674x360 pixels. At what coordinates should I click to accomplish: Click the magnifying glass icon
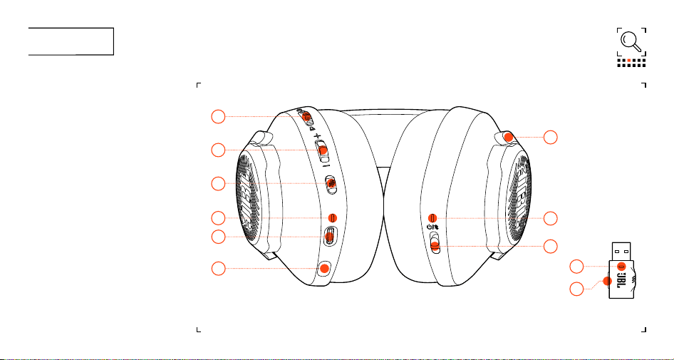coord(631,42)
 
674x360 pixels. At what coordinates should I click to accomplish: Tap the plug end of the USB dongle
coord(621,251)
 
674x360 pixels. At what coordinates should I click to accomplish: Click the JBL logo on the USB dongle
coord(621,279)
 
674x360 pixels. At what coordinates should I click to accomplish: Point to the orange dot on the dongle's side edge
coord(607,281)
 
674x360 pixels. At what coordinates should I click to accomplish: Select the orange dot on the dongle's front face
coord(621,265)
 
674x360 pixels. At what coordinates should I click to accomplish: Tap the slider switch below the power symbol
coord(435,243)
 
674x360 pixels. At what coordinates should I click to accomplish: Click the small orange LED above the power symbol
coord(433,217)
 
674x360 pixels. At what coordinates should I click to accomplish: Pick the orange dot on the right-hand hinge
coord(508,137)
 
